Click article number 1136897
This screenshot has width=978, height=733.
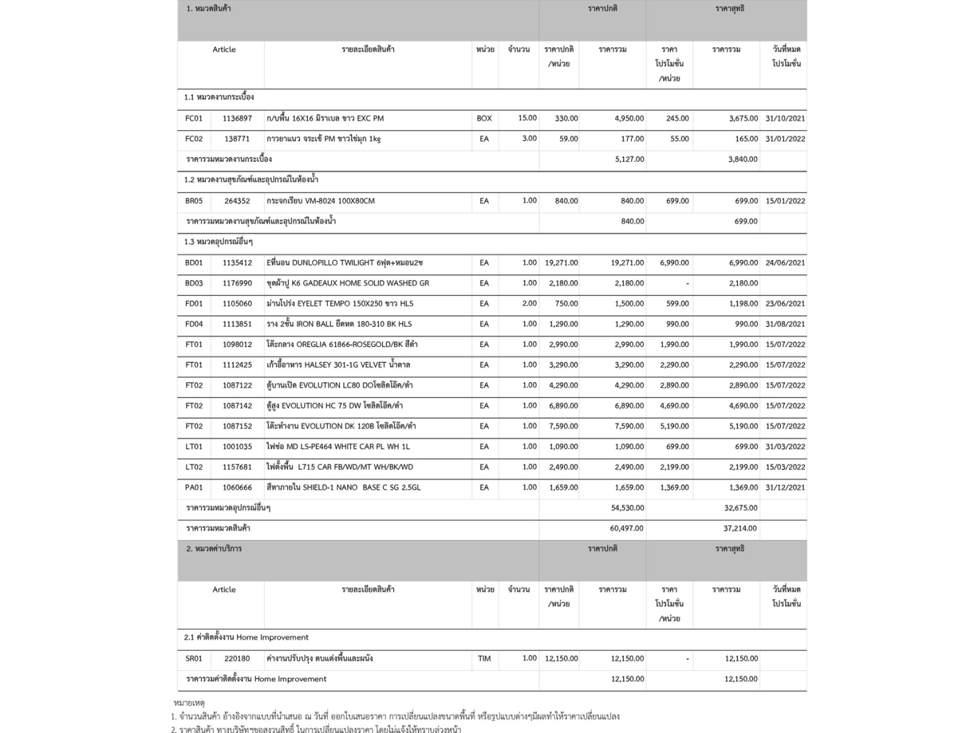tap(237, 118)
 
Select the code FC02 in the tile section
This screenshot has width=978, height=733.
tap(194, 139)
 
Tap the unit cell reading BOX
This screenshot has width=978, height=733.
tap(484, 118)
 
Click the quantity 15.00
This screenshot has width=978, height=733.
tap(527, 118)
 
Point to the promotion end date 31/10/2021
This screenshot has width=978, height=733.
tap(785, 118)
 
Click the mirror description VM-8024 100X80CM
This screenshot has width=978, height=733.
tap(320, 201)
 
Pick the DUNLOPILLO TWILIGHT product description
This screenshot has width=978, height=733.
tap(344, 263)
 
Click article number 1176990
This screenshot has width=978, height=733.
tap(237, 283)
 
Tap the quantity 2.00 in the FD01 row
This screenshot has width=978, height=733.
tap(529, 304)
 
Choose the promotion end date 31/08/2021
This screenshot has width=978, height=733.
tap(785, 324)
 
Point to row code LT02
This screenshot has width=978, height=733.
tap(194, 467)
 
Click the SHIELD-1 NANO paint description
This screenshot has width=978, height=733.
tap(343, 488)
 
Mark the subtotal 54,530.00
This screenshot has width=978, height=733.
tap(627, 508)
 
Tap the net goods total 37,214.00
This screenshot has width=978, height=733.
tap(740, 528)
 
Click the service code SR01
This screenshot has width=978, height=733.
tap(194, 659)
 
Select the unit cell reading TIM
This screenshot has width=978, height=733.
tap(484, 659)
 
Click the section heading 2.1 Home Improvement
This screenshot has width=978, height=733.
tap(246, 638)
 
